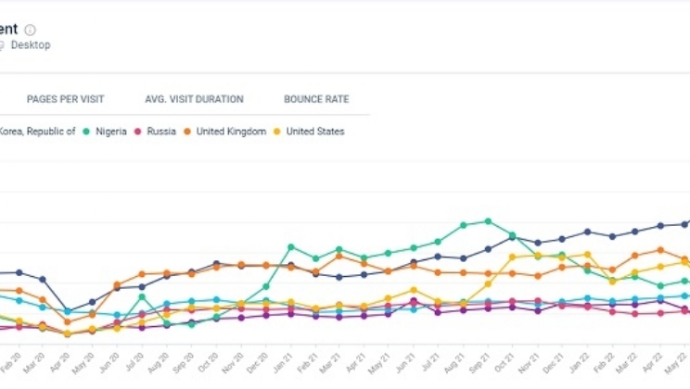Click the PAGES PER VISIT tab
pos(65,99)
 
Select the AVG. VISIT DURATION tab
pos(194,99)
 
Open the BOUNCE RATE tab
pos(316,99)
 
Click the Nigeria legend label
pos(111,132)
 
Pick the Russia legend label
pos(161,132)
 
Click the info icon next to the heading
pos(31,30)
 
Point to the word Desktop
pos(32,44)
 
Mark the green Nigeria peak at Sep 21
pos(488,220)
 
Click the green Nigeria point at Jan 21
pos(290,246)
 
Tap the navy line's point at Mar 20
pos(43,279)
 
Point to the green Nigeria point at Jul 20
pos(142,297)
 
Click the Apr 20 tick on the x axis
pos(66,358)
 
